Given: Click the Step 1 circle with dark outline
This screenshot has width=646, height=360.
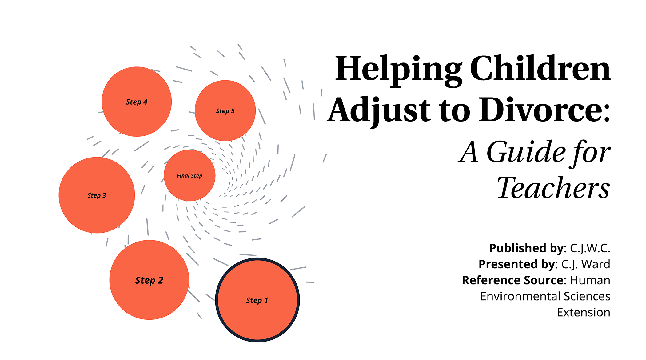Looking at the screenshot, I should pyautogui.click(x=257, y=300).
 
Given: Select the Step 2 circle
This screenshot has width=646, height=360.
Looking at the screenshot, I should pyautogui.click(x=149, y=280).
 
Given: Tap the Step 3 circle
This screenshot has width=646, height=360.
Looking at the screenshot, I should pyautogui.click(x=97, y=195).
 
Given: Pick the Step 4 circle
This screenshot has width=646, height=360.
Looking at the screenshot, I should pyautogui.click(x=137, y=102).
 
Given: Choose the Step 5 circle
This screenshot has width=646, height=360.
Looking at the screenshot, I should pyautogui.click(x=225, y=111).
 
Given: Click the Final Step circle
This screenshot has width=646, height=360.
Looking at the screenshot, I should pyautogui.click(x=189, y=175).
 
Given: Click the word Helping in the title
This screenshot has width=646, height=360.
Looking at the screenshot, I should pyautogui.click(x=398, y=69).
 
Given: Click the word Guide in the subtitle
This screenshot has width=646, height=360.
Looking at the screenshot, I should pyautogui.click(x=526, y=152).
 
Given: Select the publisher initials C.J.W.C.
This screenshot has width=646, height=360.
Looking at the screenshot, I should pyautogui.click(x=590, y=248).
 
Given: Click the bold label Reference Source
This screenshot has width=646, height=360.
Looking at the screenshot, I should pyautogui.click(x=513, y=280).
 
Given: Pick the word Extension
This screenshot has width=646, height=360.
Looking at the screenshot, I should pyautogui.click(x=584, y=312).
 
